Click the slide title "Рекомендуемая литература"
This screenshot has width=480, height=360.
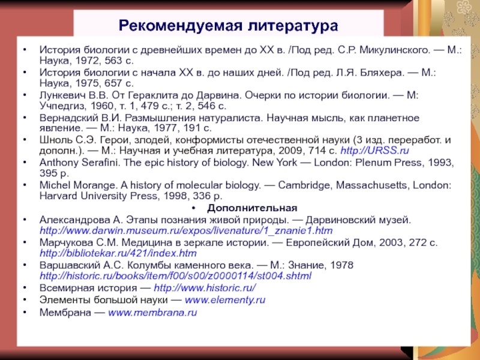(x=228, y=26)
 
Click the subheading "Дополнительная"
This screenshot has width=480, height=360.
(x=252, y=208)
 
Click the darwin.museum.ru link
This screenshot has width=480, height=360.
(x=185, y=230)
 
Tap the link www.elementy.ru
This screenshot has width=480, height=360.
(x=224, y=299)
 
